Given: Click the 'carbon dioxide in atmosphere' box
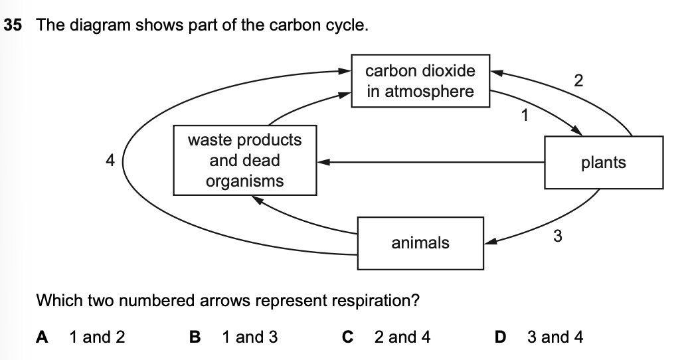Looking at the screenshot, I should tap(420, 80).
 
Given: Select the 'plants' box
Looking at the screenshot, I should tap(603, 163).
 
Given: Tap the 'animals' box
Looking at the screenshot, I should tap(420, 243).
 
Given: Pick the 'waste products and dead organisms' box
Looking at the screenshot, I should tap(244, 161).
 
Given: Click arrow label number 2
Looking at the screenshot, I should tap(578, 81).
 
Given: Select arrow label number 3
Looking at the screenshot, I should tap(558, 235).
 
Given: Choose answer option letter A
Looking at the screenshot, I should tap(42, 337).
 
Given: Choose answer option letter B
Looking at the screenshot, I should tap(195, 337).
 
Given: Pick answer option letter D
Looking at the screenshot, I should tap(501, 337).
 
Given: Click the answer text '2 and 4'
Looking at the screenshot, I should tap(402, 337).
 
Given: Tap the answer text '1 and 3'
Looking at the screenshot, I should tap(250, 337).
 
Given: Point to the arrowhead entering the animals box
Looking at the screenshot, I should tap(489, 242).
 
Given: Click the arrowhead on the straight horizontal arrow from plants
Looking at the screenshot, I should tap(323, 161).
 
